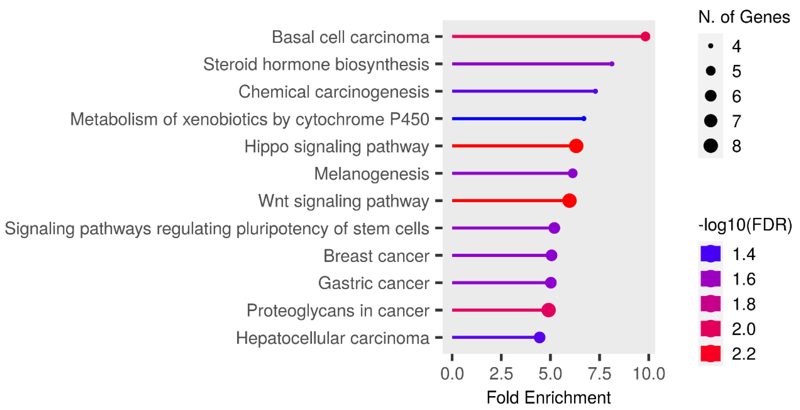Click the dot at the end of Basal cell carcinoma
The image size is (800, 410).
tap(645, 36)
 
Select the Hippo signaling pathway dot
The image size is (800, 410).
tap(576, 146)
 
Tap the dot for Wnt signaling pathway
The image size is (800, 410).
tap(569, 201)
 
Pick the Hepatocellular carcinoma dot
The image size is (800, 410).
tap(540, 337)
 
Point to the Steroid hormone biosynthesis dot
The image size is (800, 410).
tap(612, 64)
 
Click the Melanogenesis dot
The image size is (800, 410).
tap(572, 173)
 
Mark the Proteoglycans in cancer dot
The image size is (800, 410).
tap(548, 310)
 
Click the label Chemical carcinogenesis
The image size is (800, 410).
tap(333, 92)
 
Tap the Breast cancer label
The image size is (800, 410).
tap(376, 256)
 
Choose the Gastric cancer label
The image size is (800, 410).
tap(373, 283)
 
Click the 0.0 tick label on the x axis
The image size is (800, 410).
tap(452, 373)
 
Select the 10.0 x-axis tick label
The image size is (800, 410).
tap(649, 373)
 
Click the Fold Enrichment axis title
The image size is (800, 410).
tap(548, 397)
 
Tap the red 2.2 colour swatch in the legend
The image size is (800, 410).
tap(710, 353)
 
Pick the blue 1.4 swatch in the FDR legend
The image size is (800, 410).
tap(710, 254)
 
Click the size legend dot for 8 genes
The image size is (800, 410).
tap(711, 146)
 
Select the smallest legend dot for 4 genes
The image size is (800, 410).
tap(711, 46)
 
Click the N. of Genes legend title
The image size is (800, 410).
tap(744, 17)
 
